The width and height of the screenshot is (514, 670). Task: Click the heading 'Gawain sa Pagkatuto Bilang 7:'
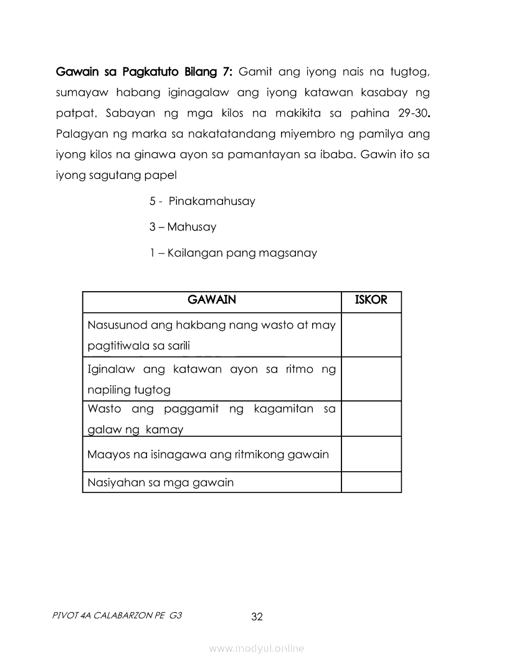coord(145,72)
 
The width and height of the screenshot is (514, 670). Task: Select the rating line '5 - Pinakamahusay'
coord(202,202)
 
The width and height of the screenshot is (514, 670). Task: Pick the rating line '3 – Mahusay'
coord(183,227)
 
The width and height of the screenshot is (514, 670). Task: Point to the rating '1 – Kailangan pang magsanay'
coord(233,253)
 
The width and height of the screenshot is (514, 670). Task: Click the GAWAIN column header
coord(212,300)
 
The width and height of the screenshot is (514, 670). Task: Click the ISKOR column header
coord(371,300)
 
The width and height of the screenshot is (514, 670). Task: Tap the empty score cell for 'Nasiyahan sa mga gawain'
coord(371,482)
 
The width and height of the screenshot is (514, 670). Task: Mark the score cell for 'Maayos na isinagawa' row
coord(371,454)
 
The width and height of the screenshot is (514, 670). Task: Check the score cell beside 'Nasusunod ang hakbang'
coord(371,335)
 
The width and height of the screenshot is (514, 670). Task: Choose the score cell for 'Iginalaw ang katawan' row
coord(371,379)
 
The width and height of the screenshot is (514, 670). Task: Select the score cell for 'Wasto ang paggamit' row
coord(371,418)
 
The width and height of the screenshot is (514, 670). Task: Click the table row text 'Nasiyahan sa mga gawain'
coord(161,482)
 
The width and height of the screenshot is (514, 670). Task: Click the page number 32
coord(257,617)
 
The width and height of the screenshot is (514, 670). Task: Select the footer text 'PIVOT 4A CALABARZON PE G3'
coord(118,615)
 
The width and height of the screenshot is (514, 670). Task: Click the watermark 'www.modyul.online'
coord(257,649)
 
